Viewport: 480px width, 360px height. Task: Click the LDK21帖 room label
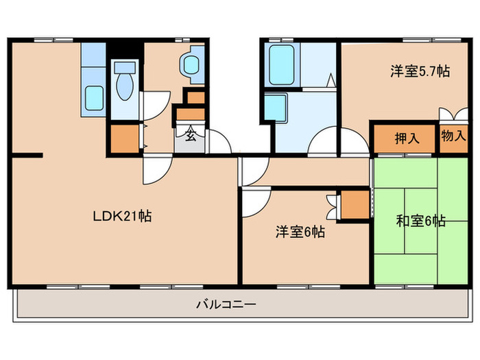123,217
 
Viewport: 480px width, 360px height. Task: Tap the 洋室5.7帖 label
420,71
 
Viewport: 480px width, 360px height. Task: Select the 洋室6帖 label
300,232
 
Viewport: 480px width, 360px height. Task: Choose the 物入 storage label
453,136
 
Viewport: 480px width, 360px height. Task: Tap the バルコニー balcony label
226,304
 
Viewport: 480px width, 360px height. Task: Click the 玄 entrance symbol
190,134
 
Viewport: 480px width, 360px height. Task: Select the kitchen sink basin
93,97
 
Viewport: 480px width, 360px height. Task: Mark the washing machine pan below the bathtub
278,108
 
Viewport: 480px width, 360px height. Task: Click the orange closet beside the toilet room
123,139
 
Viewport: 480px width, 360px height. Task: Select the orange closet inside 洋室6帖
355,204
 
